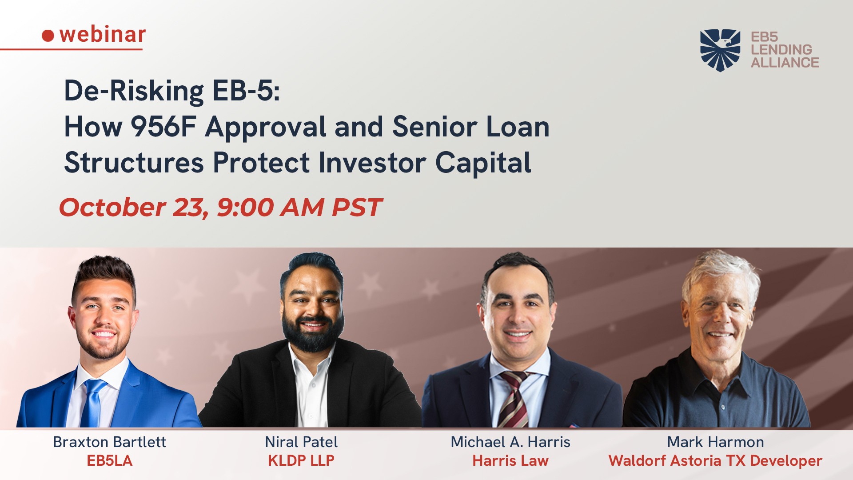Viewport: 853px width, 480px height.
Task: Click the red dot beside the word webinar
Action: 48,36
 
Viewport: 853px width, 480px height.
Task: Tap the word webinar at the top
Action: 103,34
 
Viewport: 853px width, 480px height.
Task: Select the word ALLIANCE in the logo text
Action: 785,63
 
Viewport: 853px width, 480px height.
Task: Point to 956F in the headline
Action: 163,127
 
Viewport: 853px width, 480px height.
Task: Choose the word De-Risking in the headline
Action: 134,91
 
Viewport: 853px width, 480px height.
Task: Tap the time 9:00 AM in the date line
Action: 270,207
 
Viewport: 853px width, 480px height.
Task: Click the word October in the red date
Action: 113,207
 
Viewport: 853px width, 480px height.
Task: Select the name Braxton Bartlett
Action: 109,442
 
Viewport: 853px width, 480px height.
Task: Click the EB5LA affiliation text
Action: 110,460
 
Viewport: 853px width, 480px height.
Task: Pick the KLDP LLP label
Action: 301,460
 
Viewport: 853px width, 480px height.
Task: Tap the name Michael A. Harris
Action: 510,442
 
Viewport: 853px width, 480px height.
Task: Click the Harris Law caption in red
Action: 510,460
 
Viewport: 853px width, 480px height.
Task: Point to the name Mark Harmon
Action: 715,442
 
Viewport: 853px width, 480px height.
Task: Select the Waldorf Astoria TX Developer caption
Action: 715,461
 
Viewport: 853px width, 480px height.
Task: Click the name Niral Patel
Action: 301,442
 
